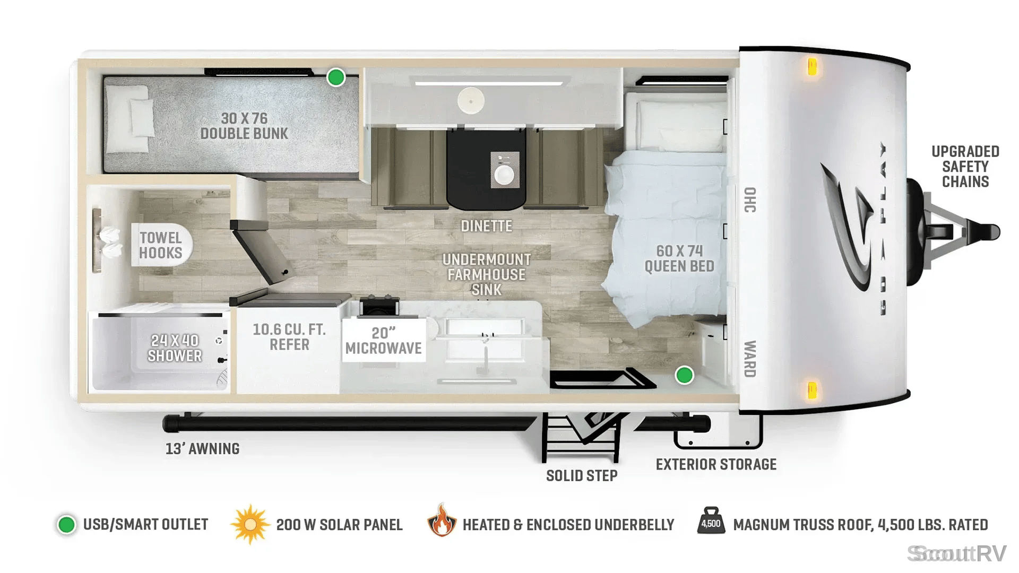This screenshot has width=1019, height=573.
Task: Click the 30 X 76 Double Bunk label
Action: click(244, 126)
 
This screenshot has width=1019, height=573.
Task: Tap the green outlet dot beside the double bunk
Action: click(335, 77)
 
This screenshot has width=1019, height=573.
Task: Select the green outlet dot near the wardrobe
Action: click(684, 375)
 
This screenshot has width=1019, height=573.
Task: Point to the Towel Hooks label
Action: click(161, 245)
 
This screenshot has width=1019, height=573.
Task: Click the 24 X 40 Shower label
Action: click(175, 348)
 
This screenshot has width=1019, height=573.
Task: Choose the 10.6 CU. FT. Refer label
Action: click(289, 337)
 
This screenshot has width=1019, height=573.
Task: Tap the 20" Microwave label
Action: click(384, 341)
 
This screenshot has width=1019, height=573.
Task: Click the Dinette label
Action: click(486, 226)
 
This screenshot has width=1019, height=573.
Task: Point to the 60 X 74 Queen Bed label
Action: click(679, 258)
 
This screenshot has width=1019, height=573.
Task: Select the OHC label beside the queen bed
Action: click(750, 199)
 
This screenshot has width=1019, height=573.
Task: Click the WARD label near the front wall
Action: click(750, 359)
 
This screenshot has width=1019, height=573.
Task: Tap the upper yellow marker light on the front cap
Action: click(812, 67)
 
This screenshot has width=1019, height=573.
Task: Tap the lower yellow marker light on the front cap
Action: click(811, 390)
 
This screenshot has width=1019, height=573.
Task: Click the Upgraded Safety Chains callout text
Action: click(965, 167)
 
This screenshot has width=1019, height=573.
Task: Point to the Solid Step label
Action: click(582, 476)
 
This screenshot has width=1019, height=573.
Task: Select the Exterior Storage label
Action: click(716, 465)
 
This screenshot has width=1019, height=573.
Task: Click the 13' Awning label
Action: click(202, 449)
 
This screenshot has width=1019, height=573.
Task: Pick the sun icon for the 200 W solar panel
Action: click(250, 525)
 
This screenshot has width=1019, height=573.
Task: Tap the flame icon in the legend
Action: click(442, 520)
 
